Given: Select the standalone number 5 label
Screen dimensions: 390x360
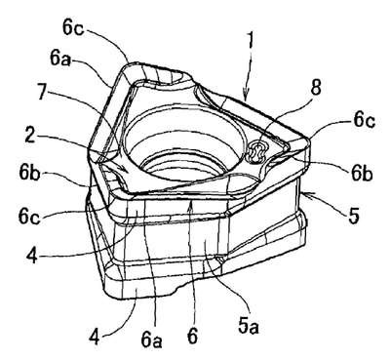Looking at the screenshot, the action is point(354,215).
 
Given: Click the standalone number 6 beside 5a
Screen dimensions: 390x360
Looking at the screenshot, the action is point(192,336).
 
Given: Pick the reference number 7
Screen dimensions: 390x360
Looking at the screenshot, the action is point(42,95).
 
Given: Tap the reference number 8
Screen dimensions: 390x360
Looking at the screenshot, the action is point(316,88).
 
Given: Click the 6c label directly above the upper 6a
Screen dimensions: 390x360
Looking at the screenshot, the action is point(73,27).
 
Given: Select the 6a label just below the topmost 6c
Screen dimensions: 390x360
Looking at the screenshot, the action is point(60,59).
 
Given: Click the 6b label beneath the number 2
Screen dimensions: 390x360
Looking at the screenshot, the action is point(29,174).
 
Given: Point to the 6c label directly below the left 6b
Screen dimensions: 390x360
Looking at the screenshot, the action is point(29,217).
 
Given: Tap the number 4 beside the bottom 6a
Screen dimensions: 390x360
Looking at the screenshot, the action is point(95,337).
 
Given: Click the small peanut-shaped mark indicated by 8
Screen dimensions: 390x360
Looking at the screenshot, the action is point(256,151).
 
